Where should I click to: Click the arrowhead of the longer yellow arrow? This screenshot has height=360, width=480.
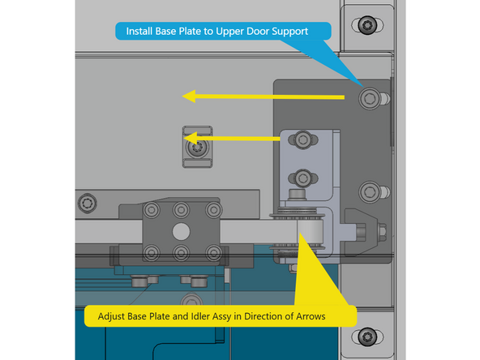click(x=190, y=96)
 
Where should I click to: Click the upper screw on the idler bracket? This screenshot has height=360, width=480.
click(x=302, y=139)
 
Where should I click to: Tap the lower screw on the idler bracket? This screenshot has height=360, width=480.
click(x=302, y=176)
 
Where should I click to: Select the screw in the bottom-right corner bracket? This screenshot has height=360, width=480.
click(x=368, y=336)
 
